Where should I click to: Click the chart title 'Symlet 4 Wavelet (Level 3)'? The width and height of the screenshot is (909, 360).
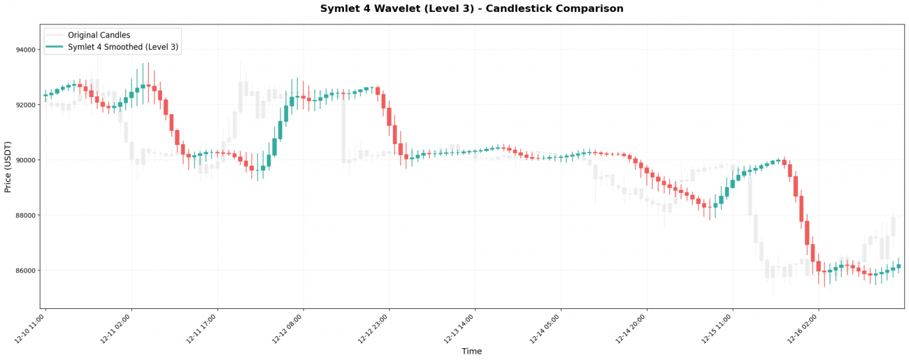tap(471, 9)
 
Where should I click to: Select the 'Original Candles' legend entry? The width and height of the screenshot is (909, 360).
tap(99, 35)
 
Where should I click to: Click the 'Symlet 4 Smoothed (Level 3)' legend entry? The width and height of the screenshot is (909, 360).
tap(122, 47)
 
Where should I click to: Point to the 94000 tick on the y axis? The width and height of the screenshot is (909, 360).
tap(25, 50)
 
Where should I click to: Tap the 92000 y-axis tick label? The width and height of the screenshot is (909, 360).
tap(25, 105)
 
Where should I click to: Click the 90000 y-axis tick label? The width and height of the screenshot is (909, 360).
tap(25, 160)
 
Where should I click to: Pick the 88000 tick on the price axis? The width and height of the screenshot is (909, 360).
tap(25, 215)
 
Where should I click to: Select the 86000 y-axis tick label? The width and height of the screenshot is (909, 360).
tap(25, 271)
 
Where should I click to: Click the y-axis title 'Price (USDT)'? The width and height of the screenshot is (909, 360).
tap(8, 166)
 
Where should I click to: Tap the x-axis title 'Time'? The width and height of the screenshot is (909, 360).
tap(471, 352)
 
